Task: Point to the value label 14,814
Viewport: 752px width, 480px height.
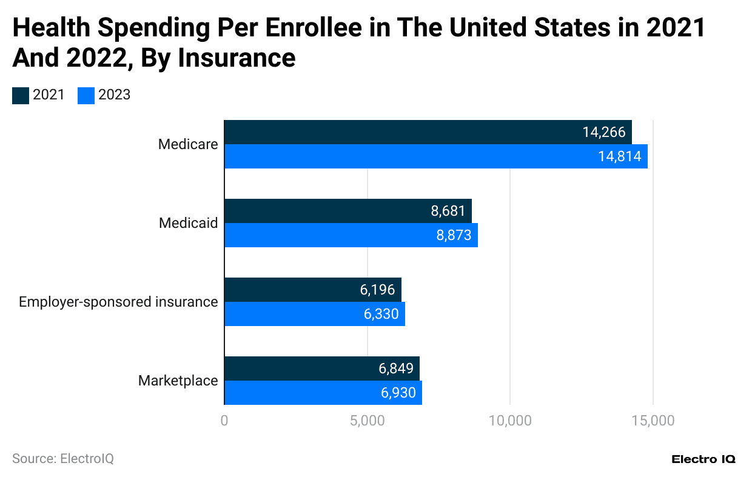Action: point(619,156)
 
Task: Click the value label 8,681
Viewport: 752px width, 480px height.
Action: point(448,211)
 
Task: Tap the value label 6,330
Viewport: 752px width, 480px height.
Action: point(381,314)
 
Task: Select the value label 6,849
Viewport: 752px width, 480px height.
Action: point(396,368)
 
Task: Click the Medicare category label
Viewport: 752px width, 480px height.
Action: point(187,144)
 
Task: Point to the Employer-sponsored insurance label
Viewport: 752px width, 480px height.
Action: point(118,302)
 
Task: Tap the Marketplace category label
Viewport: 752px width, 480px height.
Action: point(178,381)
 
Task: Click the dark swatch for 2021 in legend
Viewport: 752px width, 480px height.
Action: point(21,95)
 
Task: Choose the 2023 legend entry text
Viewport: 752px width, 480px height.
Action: point(115,95)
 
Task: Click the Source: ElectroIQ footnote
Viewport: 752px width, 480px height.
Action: point(63,459)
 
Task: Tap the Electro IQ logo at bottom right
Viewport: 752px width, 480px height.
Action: point(703,459)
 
